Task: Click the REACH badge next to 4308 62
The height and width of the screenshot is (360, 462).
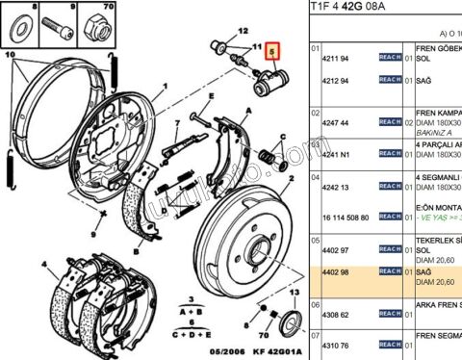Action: point(392,314)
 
